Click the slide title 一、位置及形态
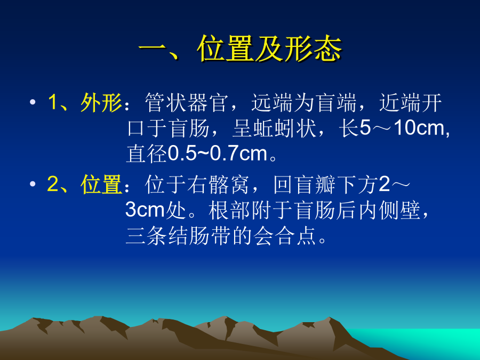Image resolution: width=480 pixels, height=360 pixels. coord(240,49)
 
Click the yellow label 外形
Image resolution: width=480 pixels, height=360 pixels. coord(101,102)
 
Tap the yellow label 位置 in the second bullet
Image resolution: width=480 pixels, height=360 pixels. coord(101,185)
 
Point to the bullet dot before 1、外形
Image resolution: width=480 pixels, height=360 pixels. coord(33,102)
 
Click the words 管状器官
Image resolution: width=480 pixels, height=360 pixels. coord(187,102)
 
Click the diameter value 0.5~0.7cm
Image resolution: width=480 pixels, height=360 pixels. coord(218,153)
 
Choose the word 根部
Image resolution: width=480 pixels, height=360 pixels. coord(229,210)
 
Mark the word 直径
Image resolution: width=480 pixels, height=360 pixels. coord(147,154)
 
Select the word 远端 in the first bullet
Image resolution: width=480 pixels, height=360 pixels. coord(272,102)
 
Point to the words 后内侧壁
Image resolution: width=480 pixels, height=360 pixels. coord(378,210)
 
